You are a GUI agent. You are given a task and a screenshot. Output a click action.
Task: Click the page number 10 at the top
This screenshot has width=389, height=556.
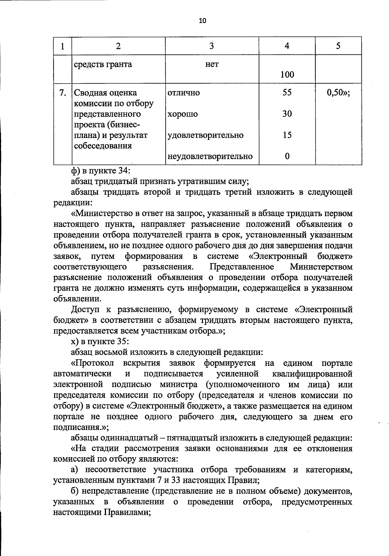click(202, 21)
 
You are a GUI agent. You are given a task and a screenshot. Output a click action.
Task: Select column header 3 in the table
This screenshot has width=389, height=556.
click(212, 46)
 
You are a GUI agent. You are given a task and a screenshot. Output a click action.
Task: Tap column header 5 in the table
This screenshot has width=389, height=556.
click(338, 46)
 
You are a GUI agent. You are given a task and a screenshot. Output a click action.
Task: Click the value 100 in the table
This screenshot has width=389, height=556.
click(287, 75)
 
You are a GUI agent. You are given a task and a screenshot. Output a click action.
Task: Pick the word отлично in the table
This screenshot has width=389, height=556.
click(183, 93)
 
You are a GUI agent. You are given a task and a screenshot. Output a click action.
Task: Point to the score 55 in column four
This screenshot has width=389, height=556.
click(287, 92)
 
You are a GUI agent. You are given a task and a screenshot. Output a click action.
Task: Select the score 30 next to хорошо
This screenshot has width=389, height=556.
click(287, 114)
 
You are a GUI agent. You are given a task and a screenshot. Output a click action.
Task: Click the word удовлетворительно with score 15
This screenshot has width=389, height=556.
click(205, 135)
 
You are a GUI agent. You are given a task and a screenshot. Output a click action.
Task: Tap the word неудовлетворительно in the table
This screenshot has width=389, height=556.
click(210, 156)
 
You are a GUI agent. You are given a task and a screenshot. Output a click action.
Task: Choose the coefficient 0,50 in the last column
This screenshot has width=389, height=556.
click(338, 93)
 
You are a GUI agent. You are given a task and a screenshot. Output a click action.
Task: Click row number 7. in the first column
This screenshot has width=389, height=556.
click(63, 93)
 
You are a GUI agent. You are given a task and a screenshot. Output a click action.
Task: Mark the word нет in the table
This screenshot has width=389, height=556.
click(212, 64)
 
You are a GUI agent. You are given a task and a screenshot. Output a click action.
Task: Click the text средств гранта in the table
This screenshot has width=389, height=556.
click(103, 64)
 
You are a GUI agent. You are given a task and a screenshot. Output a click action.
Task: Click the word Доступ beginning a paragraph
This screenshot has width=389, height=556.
click(86, 310)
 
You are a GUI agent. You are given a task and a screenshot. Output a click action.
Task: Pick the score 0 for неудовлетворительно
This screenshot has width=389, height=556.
click(287, 156)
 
